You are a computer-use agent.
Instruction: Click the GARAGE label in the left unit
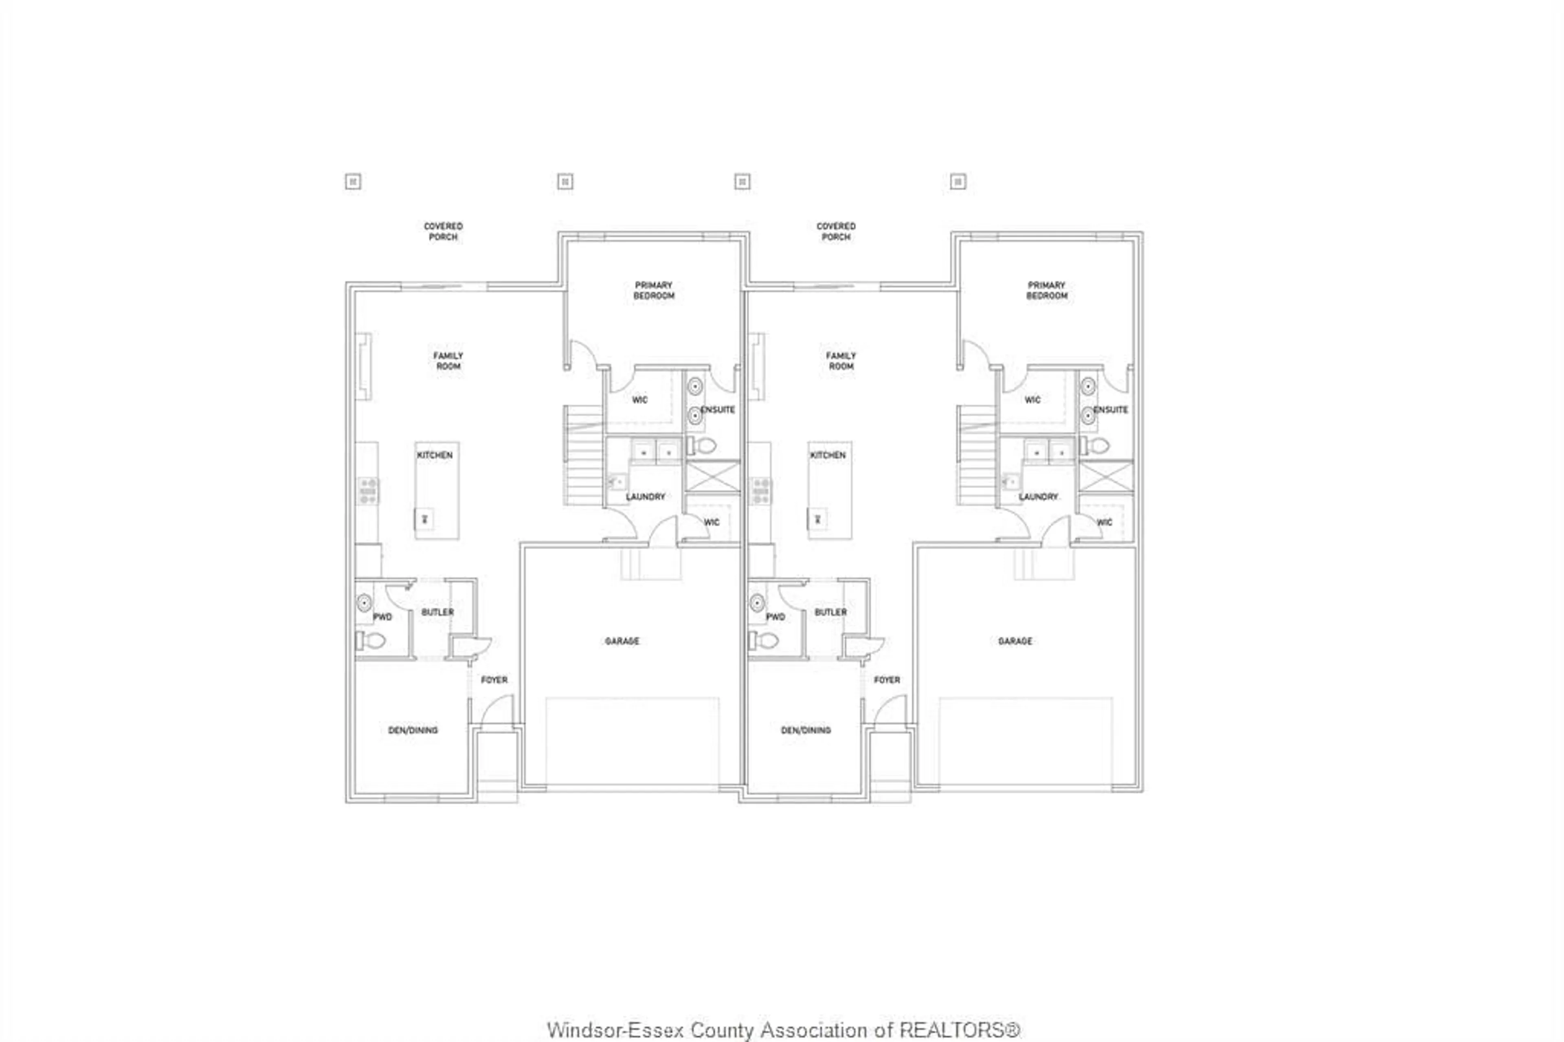pyautogui.click(x=622, y=641)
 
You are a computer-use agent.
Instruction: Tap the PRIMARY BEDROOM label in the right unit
pyautogui.click(x=1046, y=290)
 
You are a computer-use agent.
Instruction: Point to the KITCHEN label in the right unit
pyautogui.click(x=828, y=455)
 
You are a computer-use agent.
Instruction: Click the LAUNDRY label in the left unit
pyautogui.click(x=645, y=497)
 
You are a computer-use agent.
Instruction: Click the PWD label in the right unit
pyautogui.click(x=775, y=617)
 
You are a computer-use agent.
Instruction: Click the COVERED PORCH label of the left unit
pyautogui.click(x=443, y=231)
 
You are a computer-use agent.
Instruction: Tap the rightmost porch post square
pyautogui.click(x=958, y=181)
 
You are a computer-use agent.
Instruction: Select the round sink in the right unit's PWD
pyautogui.click(x=757, y=603)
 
